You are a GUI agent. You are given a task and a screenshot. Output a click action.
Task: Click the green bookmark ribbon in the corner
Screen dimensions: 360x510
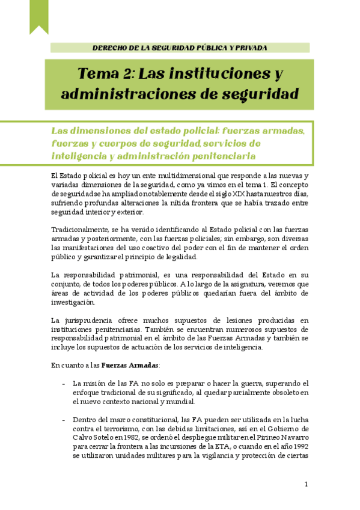pyautogui.click(x=39, y=16)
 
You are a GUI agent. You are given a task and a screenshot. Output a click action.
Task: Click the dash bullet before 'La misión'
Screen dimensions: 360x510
pyautogui.click(x=64, y=383)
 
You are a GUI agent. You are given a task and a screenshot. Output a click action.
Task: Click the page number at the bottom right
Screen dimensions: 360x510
pyautogui.click(x=306, y=485)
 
